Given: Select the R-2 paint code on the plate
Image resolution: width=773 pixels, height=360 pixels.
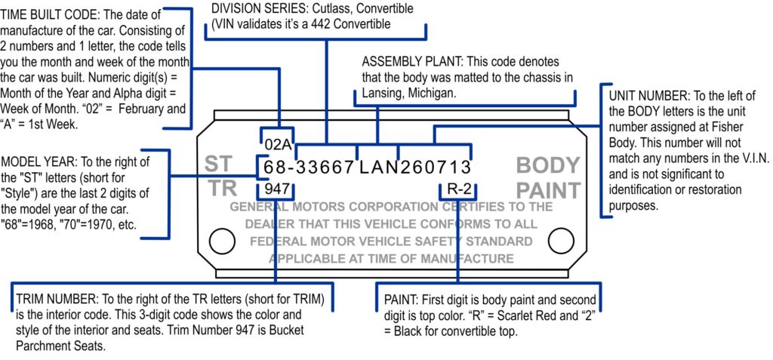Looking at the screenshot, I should click(459, 189).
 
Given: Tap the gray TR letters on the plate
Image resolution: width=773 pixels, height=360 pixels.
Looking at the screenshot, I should click(223, 189).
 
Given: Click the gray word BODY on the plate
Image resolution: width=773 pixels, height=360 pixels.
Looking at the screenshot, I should click(547, 165).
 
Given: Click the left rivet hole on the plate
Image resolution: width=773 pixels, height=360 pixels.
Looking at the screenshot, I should click(222, 242).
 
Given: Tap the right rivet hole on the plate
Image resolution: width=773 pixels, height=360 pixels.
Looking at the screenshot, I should click(562, 242).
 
